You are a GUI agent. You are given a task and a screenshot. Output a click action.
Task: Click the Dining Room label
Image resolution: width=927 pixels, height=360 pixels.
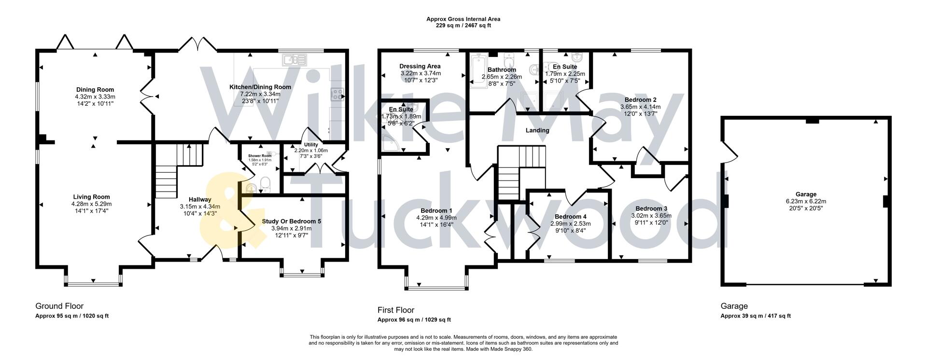pos(95,89)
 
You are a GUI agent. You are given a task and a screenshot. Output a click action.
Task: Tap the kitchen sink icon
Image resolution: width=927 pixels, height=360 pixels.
pos(295,60)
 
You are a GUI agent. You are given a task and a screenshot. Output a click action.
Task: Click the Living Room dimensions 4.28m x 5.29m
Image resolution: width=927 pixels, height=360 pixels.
pos(92,204)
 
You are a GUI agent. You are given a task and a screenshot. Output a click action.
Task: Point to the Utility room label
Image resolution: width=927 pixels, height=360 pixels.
pos(311,144)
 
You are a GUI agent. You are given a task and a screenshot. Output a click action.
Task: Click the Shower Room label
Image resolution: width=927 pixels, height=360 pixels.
pos(260,156)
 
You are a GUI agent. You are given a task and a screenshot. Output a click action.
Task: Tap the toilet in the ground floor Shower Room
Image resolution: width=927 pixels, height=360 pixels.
pos(265,182)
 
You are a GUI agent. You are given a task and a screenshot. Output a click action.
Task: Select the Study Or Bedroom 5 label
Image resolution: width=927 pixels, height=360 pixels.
pos(291,221)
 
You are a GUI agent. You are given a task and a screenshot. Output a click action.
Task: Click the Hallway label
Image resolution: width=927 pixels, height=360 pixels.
pos(200,199)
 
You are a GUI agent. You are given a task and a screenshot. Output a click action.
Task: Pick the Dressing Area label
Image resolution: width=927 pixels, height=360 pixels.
pos(420,66)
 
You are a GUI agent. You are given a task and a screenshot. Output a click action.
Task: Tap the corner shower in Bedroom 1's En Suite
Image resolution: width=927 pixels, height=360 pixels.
pos(388,142)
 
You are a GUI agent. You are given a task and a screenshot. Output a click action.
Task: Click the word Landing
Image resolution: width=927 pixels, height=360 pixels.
pos(537,130)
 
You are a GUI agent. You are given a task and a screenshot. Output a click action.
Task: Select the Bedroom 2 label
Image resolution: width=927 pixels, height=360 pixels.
pos(638,100)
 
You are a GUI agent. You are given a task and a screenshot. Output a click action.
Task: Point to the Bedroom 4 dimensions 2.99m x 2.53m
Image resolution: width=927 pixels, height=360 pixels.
pos(570,223)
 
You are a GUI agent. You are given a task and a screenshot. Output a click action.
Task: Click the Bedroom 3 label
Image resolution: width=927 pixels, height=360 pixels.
pos(651,208)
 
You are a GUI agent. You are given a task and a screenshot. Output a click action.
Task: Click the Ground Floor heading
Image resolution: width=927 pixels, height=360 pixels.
pos(59,306)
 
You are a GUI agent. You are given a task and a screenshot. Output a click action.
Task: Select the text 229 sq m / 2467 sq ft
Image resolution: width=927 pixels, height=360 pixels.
pos(463,26)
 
